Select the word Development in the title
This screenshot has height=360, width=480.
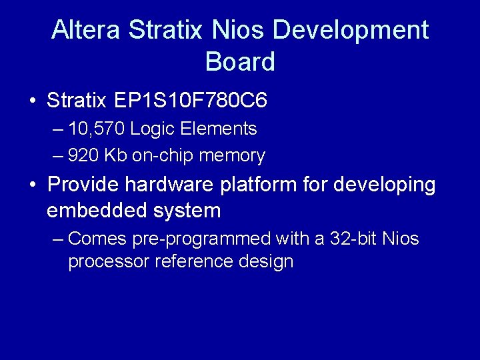(x=351, y=30)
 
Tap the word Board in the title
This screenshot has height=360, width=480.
(x=240, y=62)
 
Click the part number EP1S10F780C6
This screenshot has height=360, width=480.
(x=191, y=101)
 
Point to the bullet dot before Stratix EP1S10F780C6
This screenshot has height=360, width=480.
(x=33, y=101)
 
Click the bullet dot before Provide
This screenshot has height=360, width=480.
(x=33, y=184)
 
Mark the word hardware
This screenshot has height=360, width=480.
(x=173, y=183)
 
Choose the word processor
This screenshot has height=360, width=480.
(x=109, y=261)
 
